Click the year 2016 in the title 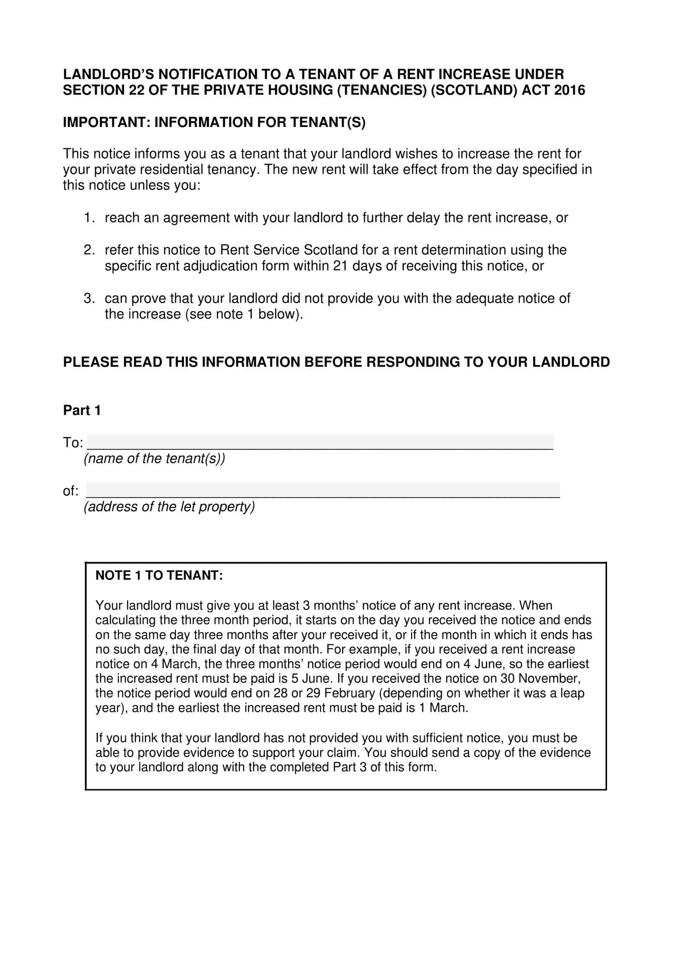(x=569, y=91)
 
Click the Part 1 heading (x=82, y=410)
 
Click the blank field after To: (x=320, y=441)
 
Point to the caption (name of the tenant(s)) (x=154, y=459)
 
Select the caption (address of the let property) (x=169, y=507)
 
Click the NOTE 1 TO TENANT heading (x=159, y=576)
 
